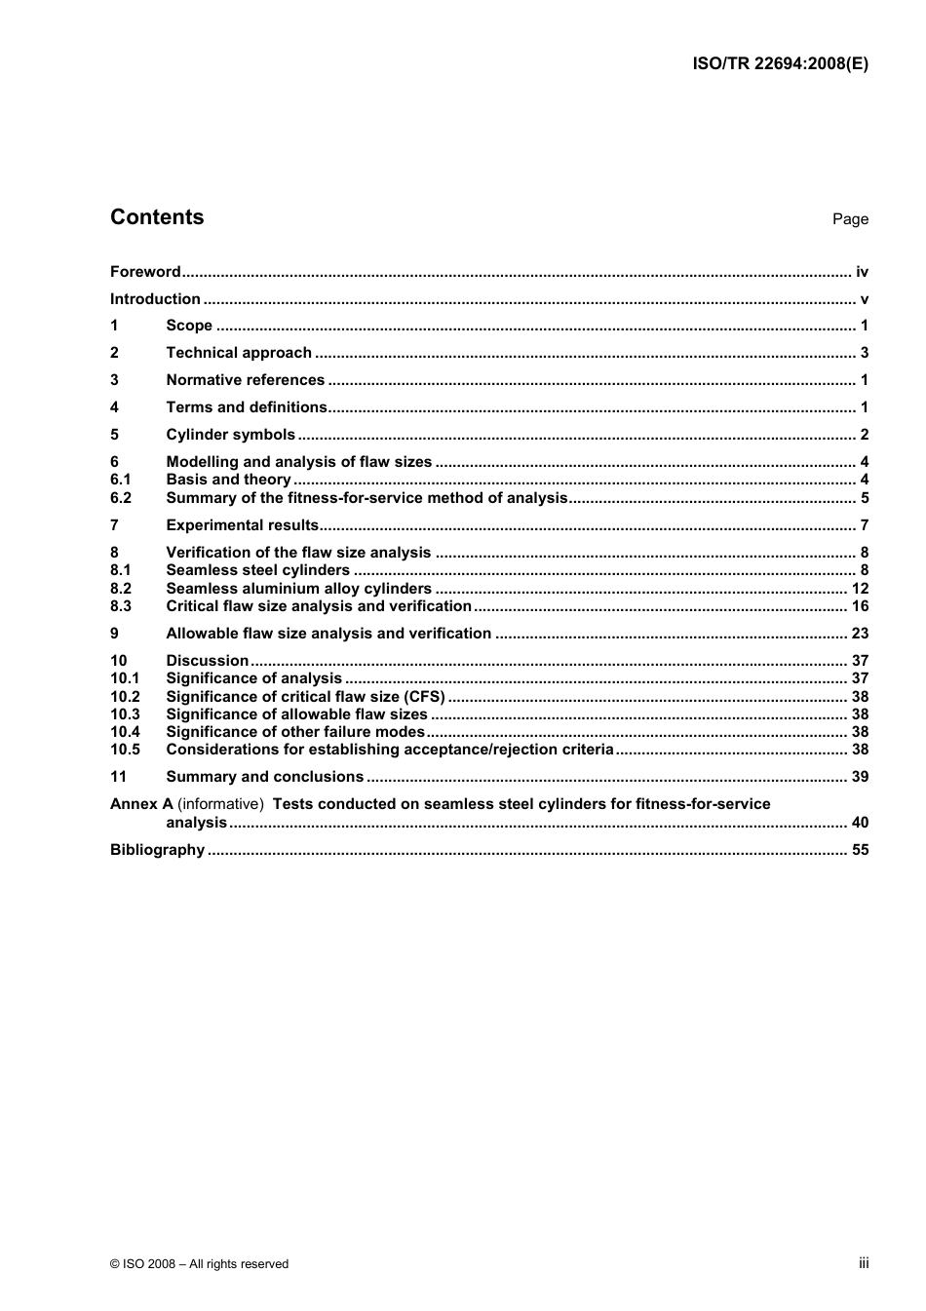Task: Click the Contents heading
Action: pyautogui.click(x=157, y=217)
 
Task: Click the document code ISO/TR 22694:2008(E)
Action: pyautogui.click(x=780, y=63)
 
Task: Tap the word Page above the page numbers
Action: pyautogui.click(x=850, y=219)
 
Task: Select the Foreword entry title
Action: pyautogui.click(x=145, y=272)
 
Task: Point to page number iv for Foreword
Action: pyautogui.click(x=862, y=272)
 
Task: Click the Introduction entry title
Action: pyautogui.click(x=155, y=299)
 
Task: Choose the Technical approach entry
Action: pyautogui.click(x=239, y=353)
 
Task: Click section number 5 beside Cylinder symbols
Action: pyautogui.click(x=114, y=435)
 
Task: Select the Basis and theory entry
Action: pyautogui.click(x=228, y=480)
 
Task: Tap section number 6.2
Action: pyautogui.click(x=121, y=498)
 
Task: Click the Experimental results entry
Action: pyautogui.click(x=243, y=525)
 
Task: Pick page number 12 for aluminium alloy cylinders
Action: pyautogui.click(x=860, y=589)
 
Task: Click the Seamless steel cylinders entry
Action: pyautogui.click(x=257, y=570)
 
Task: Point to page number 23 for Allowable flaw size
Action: pyautogui.click(x=860, y=634)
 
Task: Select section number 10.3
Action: pyautogui.click(x=125, y=714)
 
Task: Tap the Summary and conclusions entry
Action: pyautogui.click(x=264, y=777)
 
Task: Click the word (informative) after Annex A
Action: pyautogui.click(x=220, y=804)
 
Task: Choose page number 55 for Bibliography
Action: pyautogui.click(x=860, y=850)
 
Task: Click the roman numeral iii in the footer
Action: pyautogui.click(x=864, y=1263)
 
